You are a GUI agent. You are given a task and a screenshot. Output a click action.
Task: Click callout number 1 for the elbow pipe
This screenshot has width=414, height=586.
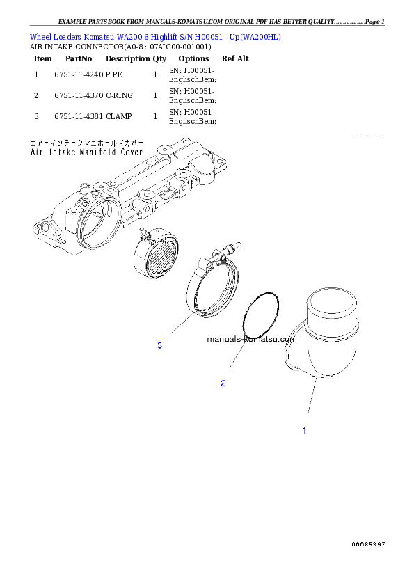(304, 431)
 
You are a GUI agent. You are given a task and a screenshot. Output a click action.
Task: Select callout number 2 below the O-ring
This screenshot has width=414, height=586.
(223, 383)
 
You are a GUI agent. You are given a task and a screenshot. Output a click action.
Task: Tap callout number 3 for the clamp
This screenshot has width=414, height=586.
(159, 346)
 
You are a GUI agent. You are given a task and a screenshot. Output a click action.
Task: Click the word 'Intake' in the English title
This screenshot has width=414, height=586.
(65, 152)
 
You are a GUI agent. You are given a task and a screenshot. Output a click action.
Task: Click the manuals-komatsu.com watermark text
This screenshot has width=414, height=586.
(252, 339)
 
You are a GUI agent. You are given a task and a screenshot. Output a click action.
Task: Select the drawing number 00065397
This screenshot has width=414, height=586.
(368, 544)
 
